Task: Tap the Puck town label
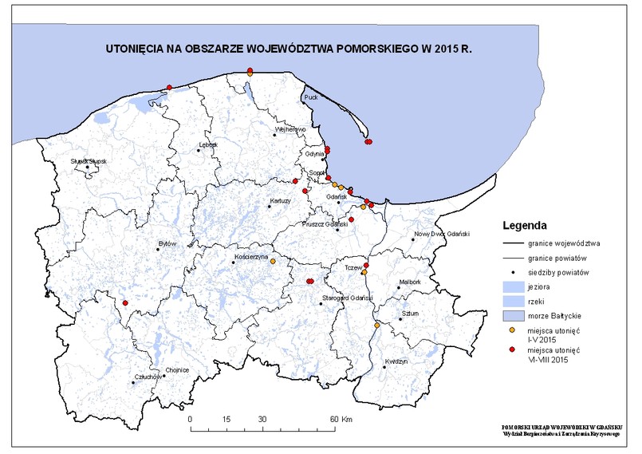click(311, 97)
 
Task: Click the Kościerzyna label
click(251, 261)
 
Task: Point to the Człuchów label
click(149, 376)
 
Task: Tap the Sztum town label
click(411, 314)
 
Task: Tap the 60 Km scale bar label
click(341, 418)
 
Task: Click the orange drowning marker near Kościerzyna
click(273, 261)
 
